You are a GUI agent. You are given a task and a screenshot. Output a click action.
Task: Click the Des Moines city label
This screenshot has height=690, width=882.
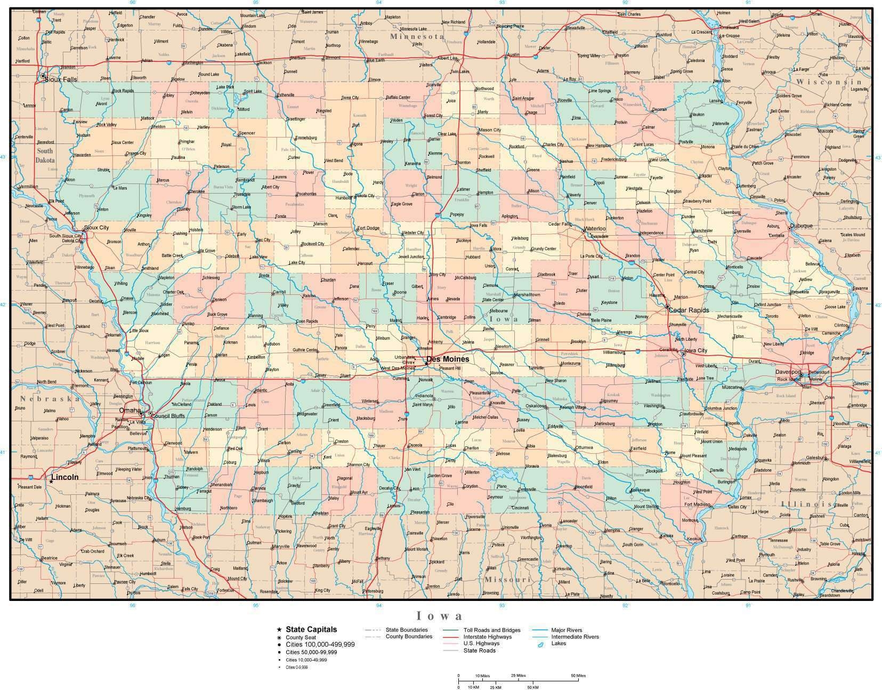tap(448, 359)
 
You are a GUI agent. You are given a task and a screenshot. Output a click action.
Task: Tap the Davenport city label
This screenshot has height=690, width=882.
tap(788, 371)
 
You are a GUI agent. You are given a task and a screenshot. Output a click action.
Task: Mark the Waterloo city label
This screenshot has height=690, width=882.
tap(595, 229)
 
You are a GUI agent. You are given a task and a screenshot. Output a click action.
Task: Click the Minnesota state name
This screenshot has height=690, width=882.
tap(417, 36)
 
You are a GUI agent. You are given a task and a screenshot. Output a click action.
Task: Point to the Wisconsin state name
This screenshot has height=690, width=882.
tap(829, 82)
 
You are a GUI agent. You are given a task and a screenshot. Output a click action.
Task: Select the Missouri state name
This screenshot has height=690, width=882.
tap(508, 579)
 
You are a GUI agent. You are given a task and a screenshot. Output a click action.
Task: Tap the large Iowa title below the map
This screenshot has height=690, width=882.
tap(439, 616)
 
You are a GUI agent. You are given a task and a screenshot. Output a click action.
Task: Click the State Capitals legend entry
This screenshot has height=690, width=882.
tap(311, 630)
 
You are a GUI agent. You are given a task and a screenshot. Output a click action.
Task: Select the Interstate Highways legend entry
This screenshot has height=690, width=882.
tap(487, 637)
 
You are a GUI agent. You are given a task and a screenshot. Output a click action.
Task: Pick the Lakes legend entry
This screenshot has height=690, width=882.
tap(559, 643)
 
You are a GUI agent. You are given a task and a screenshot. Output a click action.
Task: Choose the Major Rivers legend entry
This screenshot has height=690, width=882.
tap(567, 630)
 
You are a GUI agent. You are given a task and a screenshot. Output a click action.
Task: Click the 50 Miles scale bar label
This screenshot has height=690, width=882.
tap(578, 676)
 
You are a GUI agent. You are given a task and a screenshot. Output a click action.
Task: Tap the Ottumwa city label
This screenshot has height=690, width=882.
tap(584, 447)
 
